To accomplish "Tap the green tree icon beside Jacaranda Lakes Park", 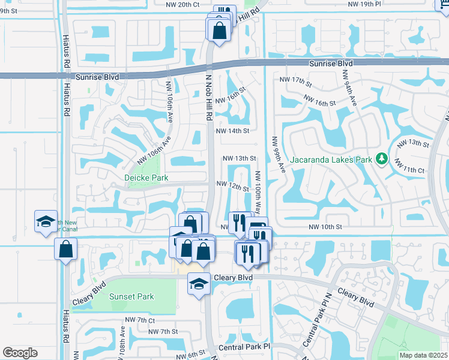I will (x=381, y=159).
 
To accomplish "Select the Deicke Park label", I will (x=146, y=178).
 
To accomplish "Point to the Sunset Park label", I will (x=131, y=296).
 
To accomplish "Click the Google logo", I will (x=20, y=352).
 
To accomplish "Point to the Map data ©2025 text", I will (x=423, y=355).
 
